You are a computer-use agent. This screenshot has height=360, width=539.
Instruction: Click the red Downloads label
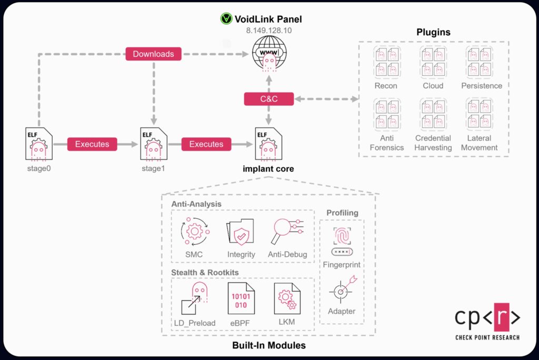coord(153,54)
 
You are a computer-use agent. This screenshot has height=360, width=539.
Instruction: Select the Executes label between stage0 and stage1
coord(92,144)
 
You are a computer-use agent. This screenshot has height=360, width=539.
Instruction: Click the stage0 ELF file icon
coord(38,144)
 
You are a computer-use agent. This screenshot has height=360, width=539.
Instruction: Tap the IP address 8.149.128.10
coord(268,31)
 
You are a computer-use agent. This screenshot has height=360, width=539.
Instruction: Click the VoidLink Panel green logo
coord(226,19)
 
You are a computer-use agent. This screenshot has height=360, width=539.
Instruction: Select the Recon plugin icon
coord(386,62)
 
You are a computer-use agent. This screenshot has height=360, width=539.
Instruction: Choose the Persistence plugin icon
coord(479,62)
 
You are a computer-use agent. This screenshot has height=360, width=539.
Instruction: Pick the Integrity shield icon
coord(241,232)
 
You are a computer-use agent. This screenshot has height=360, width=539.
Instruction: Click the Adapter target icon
coord(342,288)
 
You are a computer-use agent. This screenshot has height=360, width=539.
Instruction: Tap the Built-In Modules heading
coord(269,346)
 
